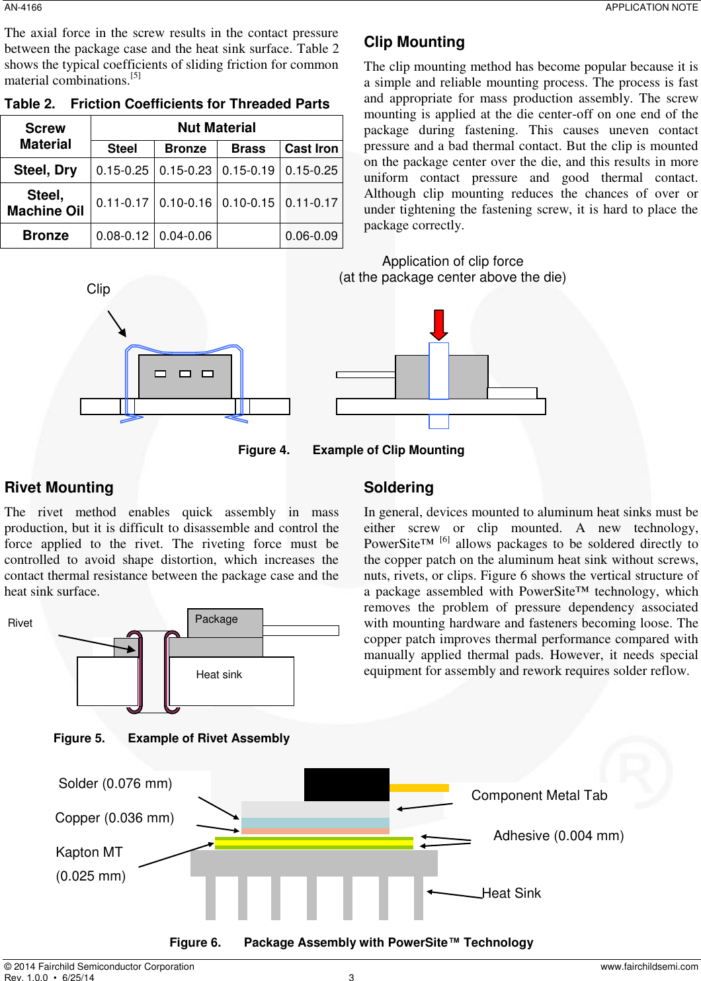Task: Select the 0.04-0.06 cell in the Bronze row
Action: pyautogui.click(x=186, y=236)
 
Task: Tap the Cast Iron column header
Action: pyautogui.click(x=311, y=149)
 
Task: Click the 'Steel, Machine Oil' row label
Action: pyautogui.click(x=46, y=203)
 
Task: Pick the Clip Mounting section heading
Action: pyautogui.click(x=414, y=42)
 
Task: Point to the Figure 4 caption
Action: pyautogui.click(x=351, y=450)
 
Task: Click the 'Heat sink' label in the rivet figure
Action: pyautogui.click(x=219, y=675)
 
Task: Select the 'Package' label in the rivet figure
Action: pyautogui.click(x=216, y=619)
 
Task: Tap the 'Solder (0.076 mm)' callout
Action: pyautogui.click(x=115, y=783)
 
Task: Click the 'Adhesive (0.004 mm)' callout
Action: pyautogui.click(x=558, y=836)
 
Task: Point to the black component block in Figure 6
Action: pyautogui.click(x=347, y=785)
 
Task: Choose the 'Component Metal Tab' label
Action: pyautogui.click(x=539, y=795)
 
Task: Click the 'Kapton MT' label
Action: pyautogui.click(x=89, y=852)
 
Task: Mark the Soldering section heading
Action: pyautogui.click(x=399, y=487)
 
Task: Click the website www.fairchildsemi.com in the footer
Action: pyautogui.click(x=649, y=966)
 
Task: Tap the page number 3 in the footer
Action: pyautogui.click(x=351, y=977)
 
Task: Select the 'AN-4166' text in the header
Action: pyautogui.click(x=23, y=7)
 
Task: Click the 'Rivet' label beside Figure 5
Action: pyautogui.click(x=20, y=623)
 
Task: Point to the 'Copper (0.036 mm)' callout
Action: pyautogui.click(x=114, y=818)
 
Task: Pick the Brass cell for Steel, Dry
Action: pyautogui.click(x=248, y=171)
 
